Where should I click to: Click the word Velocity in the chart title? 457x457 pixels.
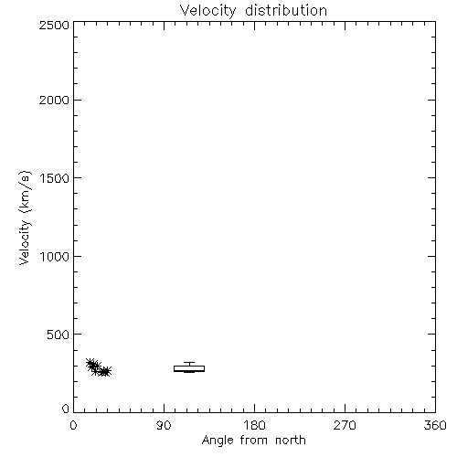[207, 11]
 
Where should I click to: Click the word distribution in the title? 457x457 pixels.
[286, 10]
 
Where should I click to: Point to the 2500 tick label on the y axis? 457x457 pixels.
[54, 25]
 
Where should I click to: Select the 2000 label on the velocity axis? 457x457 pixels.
[54, 100]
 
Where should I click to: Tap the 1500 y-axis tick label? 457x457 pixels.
[55, 178]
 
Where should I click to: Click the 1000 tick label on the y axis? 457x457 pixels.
[55, 256]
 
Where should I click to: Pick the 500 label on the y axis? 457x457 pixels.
[58, 335]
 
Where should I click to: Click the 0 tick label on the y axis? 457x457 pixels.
[66, 409]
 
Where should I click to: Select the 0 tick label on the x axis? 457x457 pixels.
[73, 425]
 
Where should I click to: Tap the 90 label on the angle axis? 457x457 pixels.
[164, 425]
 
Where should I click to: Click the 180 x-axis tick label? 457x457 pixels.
[254, 425]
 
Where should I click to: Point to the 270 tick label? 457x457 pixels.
[345, 425]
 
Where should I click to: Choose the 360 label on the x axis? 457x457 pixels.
[435, 425]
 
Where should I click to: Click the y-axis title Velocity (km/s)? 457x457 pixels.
[25, 218]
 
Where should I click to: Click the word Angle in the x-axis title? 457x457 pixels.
[218, 441]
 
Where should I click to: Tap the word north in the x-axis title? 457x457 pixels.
[291, 440]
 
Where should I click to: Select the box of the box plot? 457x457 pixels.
[189, 368]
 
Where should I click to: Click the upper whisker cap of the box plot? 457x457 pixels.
[189, 363]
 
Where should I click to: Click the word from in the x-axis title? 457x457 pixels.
[254, 440]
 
